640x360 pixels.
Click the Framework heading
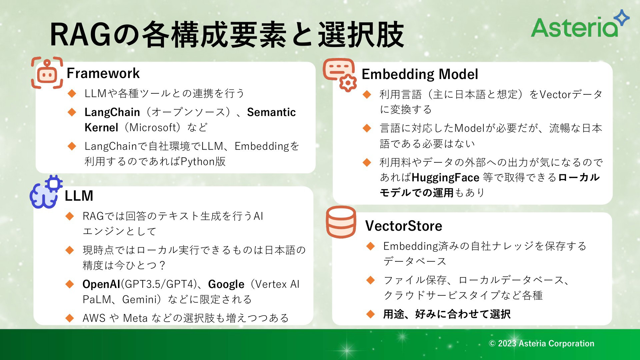103,73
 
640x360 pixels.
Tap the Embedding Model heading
420,74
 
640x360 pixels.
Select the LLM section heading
79,196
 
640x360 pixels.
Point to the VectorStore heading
404,226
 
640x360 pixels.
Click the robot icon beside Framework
47,73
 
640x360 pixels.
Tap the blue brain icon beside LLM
46,192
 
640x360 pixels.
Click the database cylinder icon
341,222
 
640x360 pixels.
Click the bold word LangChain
112,112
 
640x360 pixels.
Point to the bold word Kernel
101,127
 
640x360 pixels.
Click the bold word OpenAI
101,284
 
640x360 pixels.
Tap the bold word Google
226,284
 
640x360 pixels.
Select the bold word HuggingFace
445,178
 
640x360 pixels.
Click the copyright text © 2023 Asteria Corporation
541,343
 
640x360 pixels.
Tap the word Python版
203,162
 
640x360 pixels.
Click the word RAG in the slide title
80,35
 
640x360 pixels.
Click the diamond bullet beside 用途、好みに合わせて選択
370,314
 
